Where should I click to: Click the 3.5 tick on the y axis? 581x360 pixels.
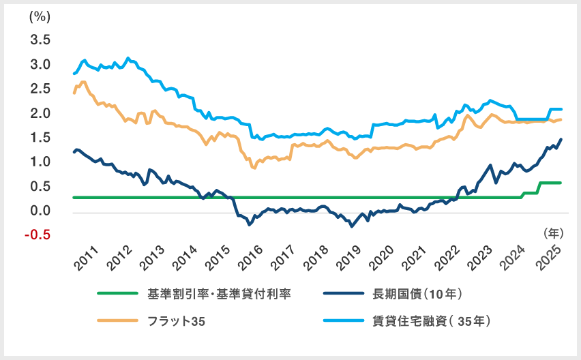pos(40,40)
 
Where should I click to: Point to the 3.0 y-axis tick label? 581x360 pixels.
pos(40,65)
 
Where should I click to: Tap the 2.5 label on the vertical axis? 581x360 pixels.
pos(40,89)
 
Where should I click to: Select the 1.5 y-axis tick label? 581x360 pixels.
pos(40,138)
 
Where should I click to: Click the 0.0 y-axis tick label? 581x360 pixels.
pos(40,211)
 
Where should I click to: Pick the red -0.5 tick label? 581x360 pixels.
pos(38,235)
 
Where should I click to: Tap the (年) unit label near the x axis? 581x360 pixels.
pos(553,232)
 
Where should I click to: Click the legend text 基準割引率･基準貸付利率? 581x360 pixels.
pos(220,295)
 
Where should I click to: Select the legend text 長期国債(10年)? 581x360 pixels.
pos(418,295)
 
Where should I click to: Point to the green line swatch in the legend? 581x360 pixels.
pos(118,295)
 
